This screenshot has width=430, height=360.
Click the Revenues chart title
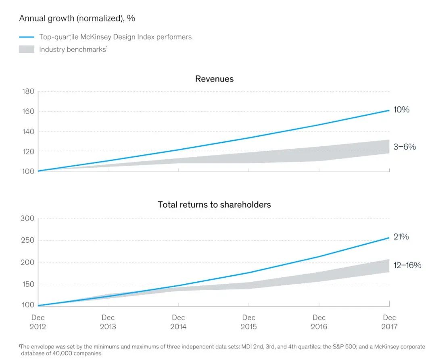point(214,79)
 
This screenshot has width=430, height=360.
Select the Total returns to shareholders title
point(214,205)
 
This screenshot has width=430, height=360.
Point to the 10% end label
point(401,110)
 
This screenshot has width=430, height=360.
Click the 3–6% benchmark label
point(404,147)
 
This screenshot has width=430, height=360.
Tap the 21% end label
point(401,237)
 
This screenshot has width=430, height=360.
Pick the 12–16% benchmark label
point(407,265)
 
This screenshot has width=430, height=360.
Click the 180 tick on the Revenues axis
point(28,92)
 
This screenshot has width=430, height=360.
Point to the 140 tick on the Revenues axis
point(28,131)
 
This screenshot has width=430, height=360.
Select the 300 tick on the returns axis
point(27,218)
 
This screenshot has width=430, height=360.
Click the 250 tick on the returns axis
point(27,241)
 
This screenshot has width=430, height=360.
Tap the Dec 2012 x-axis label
point(38,322)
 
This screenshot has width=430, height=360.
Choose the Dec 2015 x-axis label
point(249,322)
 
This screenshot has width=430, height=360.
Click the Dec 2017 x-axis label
point(389,322)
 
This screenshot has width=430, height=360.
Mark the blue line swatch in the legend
point(27,37)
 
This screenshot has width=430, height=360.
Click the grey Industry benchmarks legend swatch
point(27,50)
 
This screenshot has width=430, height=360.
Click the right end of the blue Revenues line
point(389,110)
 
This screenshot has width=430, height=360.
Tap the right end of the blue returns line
point(389,238)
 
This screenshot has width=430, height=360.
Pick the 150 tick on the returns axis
point(27,284)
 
